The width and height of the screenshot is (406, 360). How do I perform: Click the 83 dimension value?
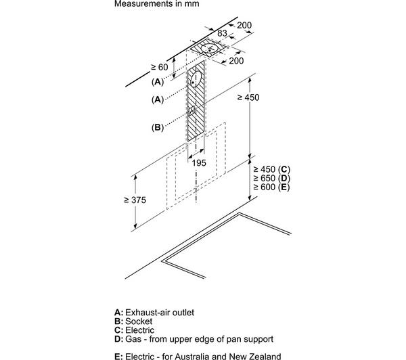tap(222, 33)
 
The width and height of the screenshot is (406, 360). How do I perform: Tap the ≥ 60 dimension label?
tap(160, 68)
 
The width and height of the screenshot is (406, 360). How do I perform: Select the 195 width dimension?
tap(199, 163)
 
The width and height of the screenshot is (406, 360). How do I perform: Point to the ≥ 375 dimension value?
tap(135, 200)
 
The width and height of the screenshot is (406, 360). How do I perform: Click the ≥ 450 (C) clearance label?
tap(271, 169)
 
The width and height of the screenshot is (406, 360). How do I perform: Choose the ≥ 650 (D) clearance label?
tap(271, 178)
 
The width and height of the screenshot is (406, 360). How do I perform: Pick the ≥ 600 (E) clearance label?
tap(271, 187)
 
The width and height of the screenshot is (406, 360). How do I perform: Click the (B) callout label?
tap(158, 127)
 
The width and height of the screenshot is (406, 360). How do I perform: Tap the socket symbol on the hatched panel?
tap(191, 111)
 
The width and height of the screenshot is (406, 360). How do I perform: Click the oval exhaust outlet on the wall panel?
tap(196, 78)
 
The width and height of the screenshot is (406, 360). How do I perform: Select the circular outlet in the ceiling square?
tap(209, 48)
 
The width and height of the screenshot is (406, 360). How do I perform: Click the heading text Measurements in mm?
tap(157, 3)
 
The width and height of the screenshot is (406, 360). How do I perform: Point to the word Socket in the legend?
tap(139, 321)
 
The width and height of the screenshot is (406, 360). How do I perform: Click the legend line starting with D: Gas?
tap(194, 339)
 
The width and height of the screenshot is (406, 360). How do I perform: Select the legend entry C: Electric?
tap(134, 330)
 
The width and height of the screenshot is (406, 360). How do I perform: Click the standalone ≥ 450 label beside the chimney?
tap(248, 97)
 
